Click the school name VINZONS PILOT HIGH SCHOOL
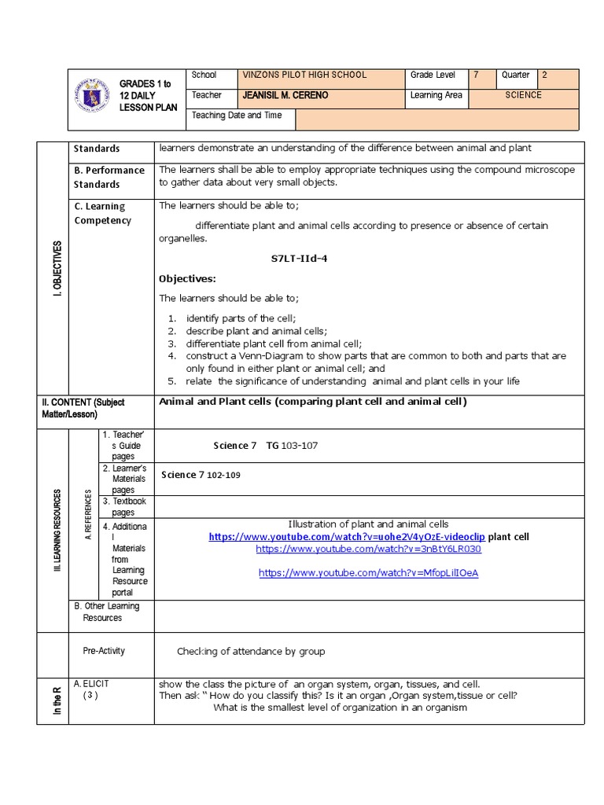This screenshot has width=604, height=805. [x=304, y=75]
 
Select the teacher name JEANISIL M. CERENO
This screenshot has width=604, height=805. [x=285, y=96]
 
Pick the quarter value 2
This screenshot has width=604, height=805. [x=544, y=75]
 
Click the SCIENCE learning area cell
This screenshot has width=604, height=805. [x=524, y=96]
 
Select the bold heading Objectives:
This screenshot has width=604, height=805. [x=187, y=279]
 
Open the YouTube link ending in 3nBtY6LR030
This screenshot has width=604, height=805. [x=368, y=550]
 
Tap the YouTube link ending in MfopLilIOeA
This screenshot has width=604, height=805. [x=368, y=573]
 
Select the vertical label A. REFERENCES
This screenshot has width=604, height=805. [x=87, y=516]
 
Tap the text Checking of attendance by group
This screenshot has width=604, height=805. [x=251, y=652]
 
